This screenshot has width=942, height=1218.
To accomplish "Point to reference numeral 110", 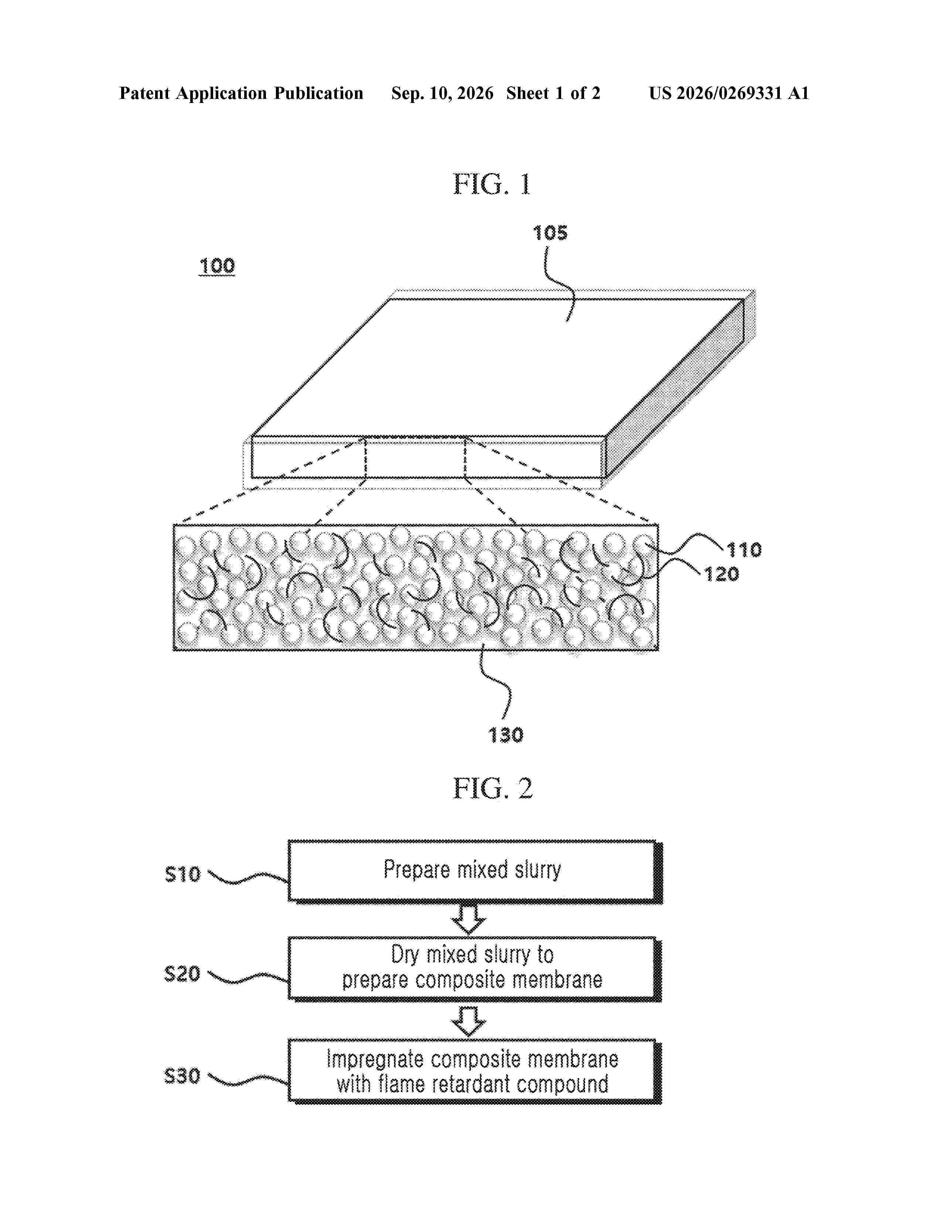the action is tap(744, 550).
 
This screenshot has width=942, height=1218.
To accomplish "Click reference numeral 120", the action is tap(721, 574).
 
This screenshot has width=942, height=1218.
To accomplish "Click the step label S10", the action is tap(182, 874).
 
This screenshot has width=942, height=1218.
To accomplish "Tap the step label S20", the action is tap(182, 974).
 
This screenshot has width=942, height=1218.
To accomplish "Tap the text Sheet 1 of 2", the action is tap(553, 93).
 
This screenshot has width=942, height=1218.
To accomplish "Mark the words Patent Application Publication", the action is tap(241, 93).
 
